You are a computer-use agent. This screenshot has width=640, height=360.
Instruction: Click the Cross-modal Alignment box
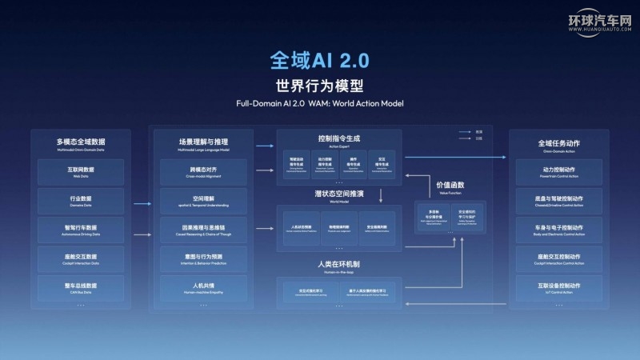coord(198,172)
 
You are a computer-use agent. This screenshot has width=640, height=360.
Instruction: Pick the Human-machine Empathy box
coord(198,287)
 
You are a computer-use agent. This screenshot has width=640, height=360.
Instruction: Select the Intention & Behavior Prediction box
coord(198,258)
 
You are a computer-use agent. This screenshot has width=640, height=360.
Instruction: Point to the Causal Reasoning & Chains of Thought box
coord(198,230)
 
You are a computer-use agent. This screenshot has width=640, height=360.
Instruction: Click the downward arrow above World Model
coord(381,194)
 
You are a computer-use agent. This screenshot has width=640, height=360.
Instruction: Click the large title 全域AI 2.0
coord(320,61)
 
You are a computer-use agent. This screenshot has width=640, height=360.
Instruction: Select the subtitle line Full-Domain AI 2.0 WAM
coord(320,104)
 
